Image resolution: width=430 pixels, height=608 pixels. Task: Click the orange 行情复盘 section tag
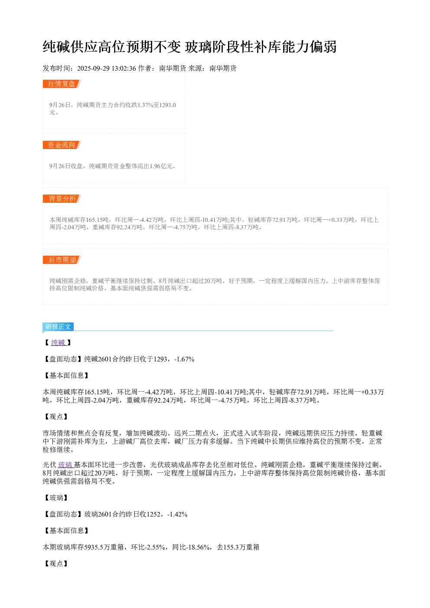[62, 84]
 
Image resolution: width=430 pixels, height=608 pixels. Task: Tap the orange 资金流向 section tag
[62, 145]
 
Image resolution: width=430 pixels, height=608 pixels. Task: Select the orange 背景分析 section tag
[62, 198]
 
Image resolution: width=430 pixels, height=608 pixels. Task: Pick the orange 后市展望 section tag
[62, 260]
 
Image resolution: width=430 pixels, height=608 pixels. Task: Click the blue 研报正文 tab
[58, 326]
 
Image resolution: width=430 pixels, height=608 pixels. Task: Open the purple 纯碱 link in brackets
[59, 342]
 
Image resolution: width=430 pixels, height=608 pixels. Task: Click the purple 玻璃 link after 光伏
[66, 465]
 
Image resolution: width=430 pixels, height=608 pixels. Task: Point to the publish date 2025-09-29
[93, 68]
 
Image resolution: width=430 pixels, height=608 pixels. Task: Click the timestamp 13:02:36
[124, 68]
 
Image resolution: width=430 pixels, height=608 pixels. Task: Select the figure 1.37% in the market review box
[145, 105]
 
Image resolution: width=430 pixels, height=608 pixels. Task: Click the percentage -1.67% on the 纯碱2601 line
[184, 359]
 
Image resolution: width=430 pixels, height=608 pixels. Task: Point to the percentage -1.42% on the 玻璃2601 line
[177, 514]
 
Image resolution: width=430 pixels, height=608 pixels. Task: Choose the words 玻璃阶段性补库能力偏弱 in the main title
[261, 47]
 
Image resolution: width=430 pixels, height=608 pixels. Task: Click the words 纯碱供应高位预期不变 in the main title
[112, 47]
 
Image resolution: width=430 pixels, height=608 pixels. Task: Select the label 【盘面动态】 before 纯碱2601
[63, 359]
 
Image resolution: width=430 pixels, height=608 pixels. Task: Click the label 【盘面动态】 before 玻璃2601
[63, 514]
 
